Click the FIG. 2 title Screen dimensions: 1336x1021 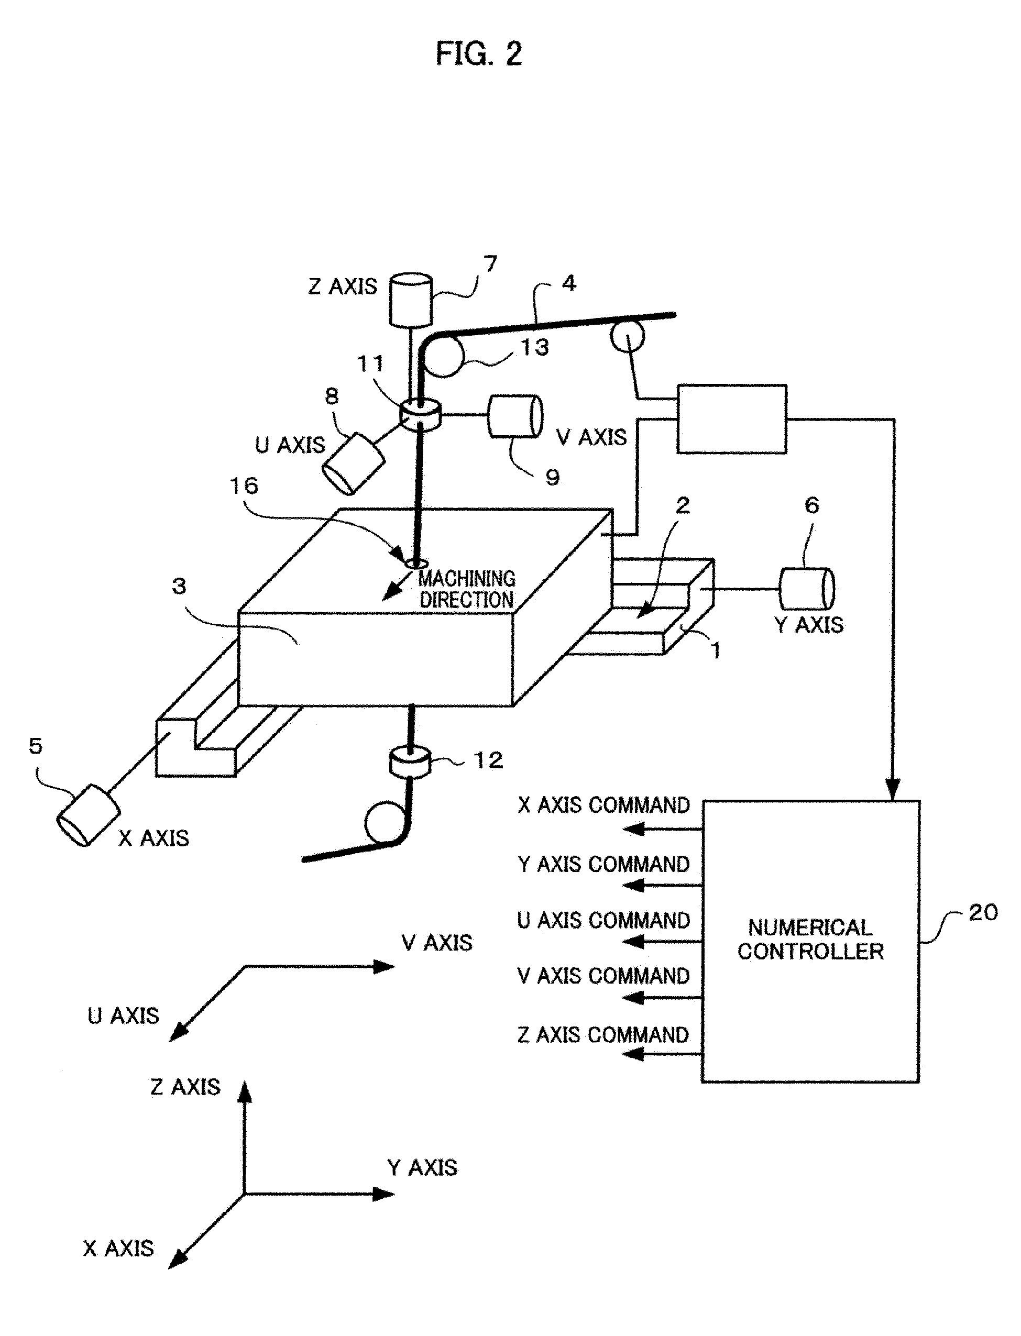(x=479, y=54)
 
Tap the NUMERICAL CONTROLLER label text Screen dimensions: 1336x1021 (x=810, y=939)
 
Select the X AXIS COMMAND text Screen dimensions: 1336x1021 (x=603, y=805)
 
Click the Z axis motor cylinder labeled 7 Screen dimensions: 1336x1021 (x=411, y=299)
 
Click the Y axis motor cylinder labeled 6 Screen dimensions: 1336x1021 (x=806, y=589)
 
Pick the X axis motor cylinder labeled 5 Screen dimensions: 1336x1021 (x=89, y=815)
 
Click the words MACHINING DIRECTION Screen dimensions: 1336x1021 (x=467, y=589)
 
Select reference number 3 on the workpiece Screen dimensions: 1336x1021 (x=179, y=586)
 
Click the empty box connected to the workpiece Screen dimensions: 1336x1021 (x=731, y=418)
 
